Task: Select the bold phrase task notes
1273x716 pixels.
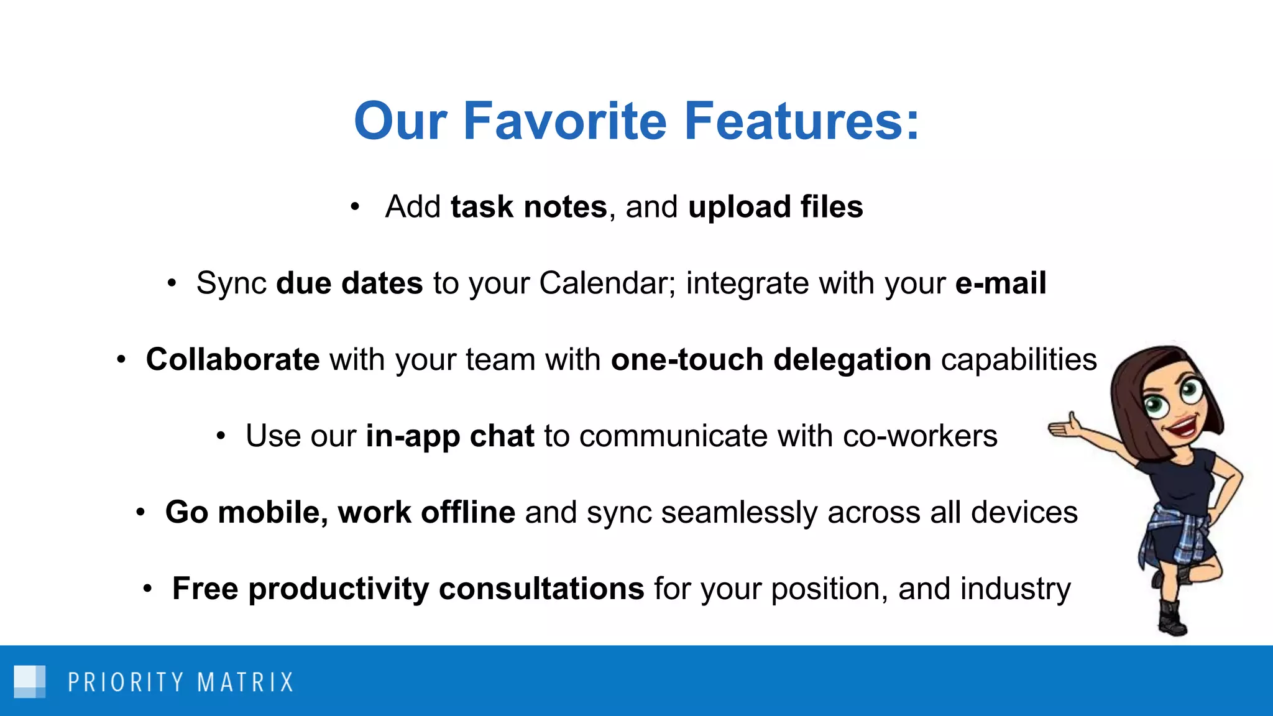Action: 528,206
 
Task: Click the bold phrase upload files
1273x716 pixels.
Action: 775,206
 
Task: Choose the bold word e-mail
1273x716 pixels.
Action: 1000,283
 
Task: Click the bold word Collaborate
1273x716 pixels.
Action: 232,360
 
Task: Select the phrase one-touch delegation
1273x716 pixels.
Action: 771,360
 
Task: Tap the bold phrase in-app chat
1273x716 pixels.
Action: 449,436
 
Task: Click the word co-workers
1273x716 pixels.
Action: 920,436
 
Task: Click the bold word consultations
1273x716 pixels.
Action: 541,589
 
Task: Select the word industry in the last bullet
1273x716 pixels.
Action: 1015,589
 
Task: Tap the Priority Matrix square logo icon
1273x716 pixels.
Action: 30,681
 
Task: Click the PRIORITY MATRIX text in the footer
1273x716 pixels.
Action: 180,682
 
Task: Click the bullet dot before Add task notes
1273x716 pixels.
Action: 354,206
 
